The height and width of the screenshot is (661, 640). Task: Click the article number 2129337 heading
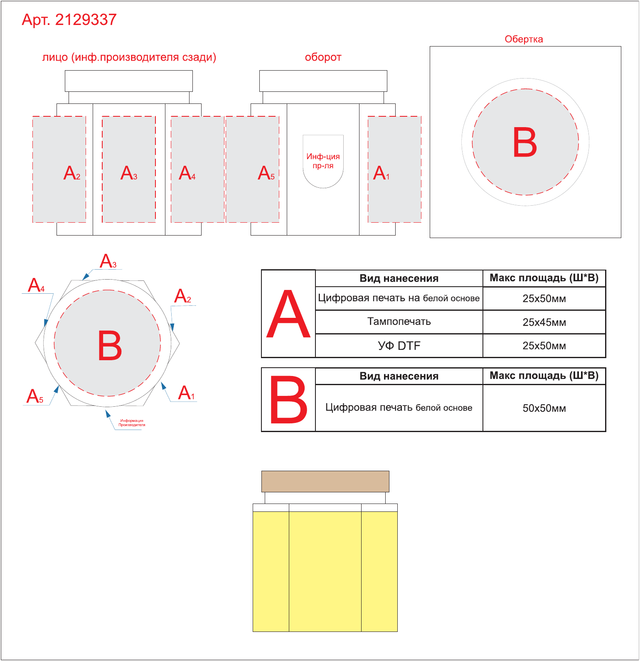coord(69,20)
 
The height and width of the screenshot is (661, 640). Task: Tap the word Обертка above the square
coord(524,39)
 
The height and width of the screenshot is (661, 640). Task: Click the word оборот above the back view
coord(323,57)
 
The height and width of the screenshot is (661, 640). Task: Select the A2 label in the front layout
coord(71,173)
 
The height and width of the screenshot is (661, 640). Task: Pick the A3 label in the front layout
coord(129,173)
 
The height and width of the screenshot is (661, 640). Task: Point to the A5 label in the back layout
coord(266,173)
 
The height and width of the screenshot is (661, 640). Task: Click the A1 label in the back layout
coord(381,173)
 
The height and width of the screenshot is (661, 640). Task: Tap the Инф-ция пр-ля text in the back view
coord(323,161)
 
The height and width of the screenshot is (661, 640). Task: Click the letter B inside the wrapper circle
coord(525,142)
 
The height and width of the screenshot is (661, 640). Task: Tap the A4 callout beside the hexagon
coord(36,285)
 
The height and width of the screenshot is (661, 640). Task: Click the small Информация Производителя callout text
coord(132,423)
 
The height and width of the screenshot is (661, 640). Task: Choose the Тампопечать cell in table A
coord(399,322)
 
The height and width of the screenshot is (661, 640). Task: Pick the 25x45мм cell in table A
coord(544,322)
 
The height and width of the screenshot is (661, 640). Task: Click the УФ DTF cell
coord(399,346)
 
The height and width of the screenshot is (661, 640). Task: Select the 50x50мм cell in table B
coord(544,408)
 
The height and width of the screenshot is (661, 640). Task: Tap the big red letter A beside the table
coord(288,314)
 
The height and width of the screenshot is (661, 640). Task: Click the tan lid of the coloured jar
coord(325,482)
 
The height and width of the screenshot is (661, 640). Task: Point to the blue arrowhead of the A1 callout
coord(163,386)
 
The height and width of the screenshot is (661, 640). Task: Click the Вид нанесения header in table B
coord(399,376)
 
